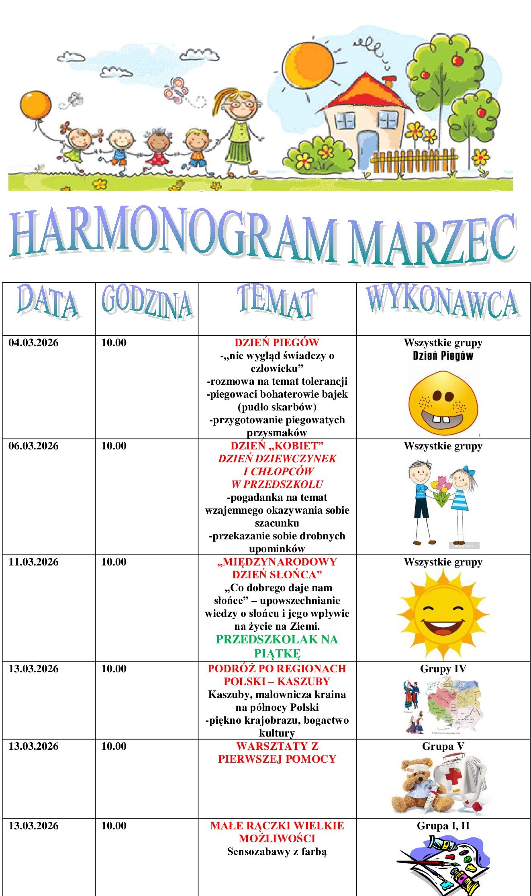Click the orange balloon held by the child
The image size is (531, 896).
35,105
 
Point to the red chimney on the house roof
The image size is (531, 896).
388,82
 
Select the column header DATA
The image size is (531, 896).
48,303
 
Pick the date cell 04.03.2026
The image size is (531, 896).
34,343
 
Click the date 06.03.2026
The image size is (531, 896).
34,446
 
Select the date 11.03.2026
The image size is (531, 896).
34,562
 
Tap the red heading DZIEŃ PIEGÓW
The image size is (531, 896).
277,343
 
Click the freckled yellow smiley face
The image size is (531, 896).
443,403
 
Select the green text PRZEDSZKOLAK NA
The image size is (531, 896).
277,640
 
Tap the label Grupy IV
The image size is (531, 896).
443,669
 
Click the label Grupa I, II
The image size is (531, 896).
443,826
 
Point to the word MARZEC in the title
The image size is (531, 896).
432,240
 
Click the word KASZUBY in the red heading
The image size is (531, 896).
304,682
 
